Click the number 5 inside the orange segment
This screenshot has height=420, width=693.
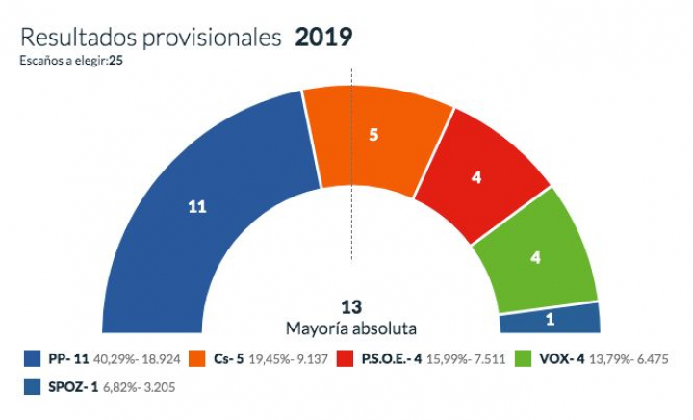(374, 135)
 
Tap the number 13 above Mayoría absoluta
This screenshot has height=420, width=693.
(351, 307)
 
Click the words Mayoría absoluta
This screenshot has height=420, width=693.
(351, 328)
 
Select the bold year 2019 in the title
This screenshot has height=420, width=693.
(323, 38)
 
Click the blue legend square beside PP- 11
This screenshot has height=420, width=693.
(32, 359)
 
